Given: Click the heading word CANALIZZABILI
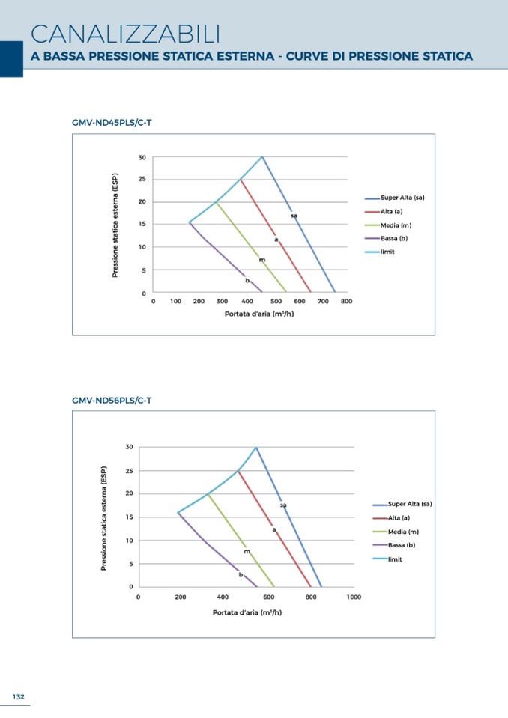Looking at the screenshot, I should [126, 34].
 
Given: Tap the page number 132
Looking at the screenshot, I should [18, 696].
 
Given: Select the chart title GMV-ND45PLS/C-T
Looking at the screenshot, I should [112, 122].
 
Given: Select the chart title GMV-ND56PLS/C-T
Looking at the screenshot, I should [112, 401].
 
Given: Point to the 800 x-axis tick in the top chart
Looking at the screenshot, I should [346, 301].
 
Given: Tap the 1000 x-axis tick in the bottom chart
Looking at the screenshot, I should [354, 597].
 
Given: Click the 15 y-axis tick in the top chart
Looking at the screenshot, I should [142, 225].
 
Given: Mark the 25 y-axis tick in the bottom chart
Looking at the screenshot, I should [129, 471].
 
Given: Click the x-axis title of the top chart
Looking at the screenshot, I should [259, 314].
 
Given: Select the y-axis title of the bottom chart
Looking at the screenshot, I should [104, 517].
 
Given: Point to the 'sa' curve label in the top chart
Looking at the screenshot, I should [294, 216].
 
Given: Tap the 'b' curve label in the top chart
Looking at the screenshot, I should [247, 280].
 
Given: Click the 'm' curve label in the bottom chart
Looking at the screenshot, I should [247, 551].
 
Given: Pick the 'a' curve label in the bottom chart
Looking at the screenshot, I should [274, 529].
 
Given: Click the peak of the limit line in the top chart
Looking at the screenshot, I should [261, 157].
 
